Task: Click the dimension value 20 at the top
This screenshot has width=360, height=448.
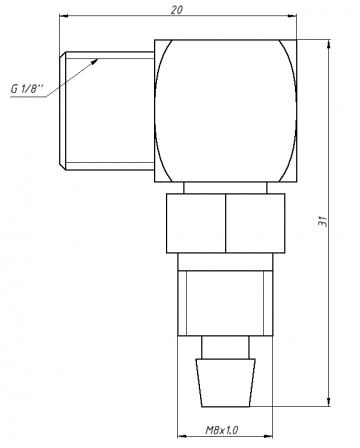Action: (177, 10)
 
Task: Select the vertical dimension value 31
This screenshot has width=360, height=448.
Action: (323, 221)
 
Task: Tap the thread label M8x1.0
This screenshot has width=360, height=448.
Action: (221, 430)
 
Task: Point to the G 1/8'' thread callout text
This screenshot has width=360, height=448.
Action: (27, 89)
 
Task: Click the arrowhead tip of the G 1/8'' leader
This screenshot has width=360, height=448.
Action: (98, 59)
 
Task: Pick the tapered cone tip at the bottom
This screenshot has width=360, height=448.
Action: (225, 383)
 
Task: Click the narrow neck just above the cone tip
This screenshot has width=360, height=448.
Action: (225, 347)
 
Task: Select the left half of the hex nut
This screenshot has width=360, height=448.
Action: (196, 223)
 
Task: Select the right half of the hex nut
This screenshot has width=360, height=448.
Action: (255, 223)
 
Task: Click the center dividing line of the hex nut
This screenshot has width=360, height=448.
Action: (226, 223)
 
